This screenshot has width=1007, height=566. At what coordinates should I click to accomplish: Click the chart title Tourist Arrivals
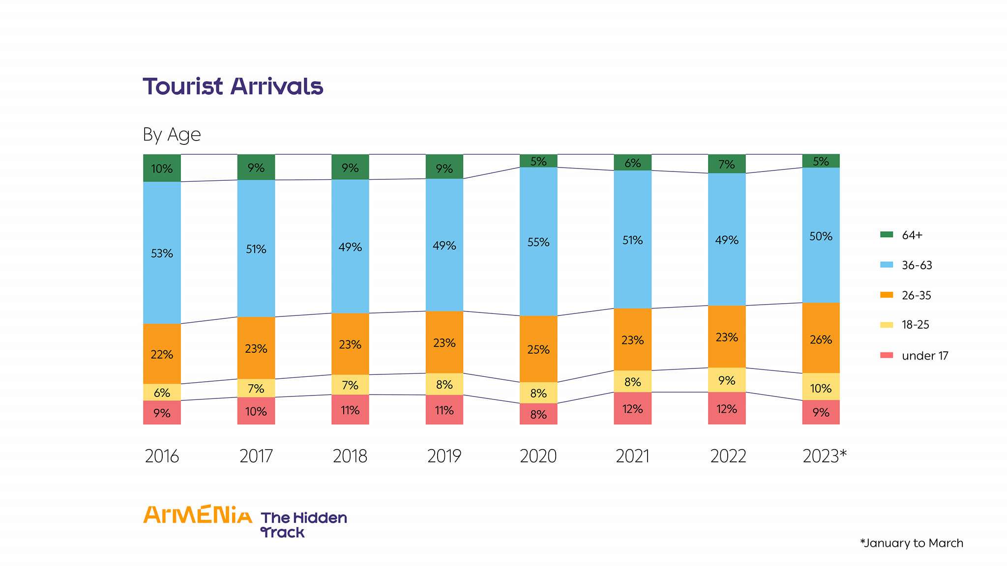click(x=233, y=86)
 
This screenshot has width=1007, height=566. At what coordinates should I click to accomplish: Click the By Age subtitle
click(x=172, y=135)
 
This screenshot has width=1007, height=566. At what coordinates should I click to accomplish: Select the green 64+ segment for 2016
click(x=162, y=168)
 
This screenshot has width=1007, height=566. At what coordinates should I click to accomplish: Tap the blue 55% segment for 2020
click(x=538, y=242)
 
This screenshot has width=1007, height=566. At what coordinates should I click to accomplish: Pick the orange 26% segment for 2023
click(x=821, y=339)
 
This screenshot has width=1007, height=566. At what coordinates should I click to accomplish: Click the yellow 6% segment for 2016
click(x=162, y=392)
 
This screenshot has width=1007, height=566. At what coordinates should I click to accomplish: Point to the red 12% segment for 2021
click(x=632, y=408)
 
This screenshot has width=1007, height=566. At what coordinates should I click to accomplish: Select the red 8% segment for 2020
click(x=538, y=414)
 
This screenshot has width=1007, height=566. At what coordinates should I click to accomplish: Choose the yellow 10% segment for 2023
click(x=821, y=387)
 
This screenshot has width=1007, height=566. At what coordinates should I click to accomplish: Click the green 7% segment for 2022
click(x=727, y=164)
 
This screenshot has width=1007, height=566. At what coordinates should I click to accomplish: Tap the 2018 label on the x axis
click(x=350, y=456)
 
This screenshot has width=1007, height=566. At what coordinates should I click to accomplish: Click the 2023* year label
click(x=824, y=456)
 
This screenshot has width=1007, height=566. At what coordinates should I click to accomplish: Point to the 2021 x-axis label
click(x=632, y=456)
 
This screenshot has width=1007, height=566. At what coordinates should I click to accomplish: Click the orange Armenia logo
click(x=197, y=515)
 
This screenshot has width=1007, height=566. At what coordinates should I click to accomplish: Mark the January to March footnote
click(x=912, y=543)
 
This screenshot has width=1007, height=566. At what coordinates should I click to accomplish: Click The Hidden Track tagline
click(x=303, y=525)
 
